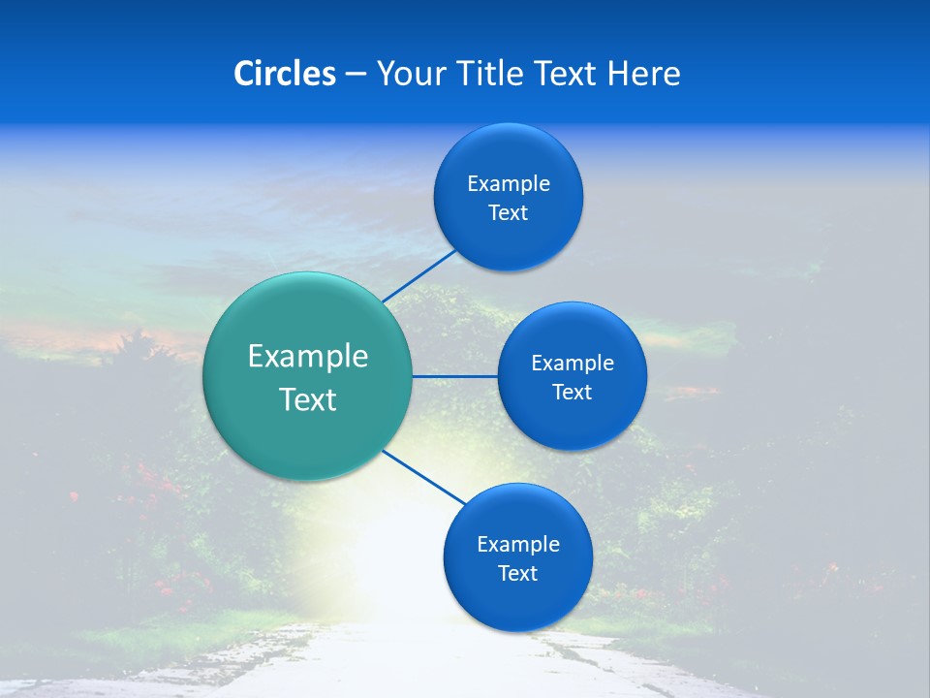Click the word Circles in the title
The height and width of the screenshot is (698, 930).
click(285, 74)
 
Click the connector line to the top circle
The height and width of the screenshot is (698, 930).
click(421, 275)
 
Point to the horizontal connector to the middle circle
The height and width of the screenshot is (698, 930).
click(455, 376)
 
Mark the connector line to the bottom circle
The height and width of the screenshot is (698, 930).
click(424, 478)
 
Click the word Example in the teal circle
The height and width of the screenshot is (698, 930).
click(308, 357)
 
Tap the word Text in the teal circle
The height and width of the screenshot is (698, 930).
click(308, 399)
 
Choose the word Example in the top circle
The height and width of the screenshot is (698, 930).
click(509, 184)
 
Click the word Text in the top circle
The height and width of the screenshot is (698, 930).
click(509, 213)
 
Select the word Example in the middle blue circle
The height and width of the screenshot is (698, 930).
click(573, 364)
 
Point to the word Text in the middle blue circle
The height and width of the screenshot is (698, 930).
click(573, 393)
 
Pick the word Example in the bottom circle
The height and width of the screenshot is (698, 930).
click(518, 545)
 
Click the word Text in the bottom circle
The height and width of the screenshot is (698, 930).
click(518, 574)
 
